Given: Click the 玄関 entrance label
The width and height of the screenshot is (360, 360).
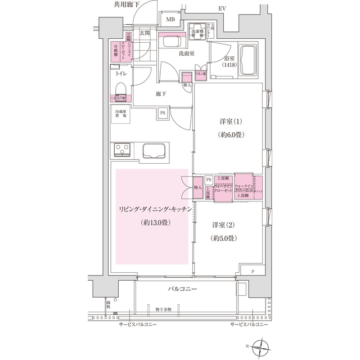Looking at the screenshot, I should pos(145,34).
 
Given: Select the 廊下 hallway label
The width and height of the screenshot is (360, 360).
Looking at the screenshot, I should pos(161,93).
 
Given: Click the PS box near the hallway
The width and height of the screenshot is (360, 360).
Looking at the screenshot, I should pos(163,112).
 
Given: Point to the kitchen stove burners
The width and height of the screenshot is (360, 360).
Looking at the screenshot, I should pos(123,151).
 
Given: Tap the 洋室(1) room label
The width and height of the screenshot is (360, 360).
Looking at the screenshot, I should pos(228,122).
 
